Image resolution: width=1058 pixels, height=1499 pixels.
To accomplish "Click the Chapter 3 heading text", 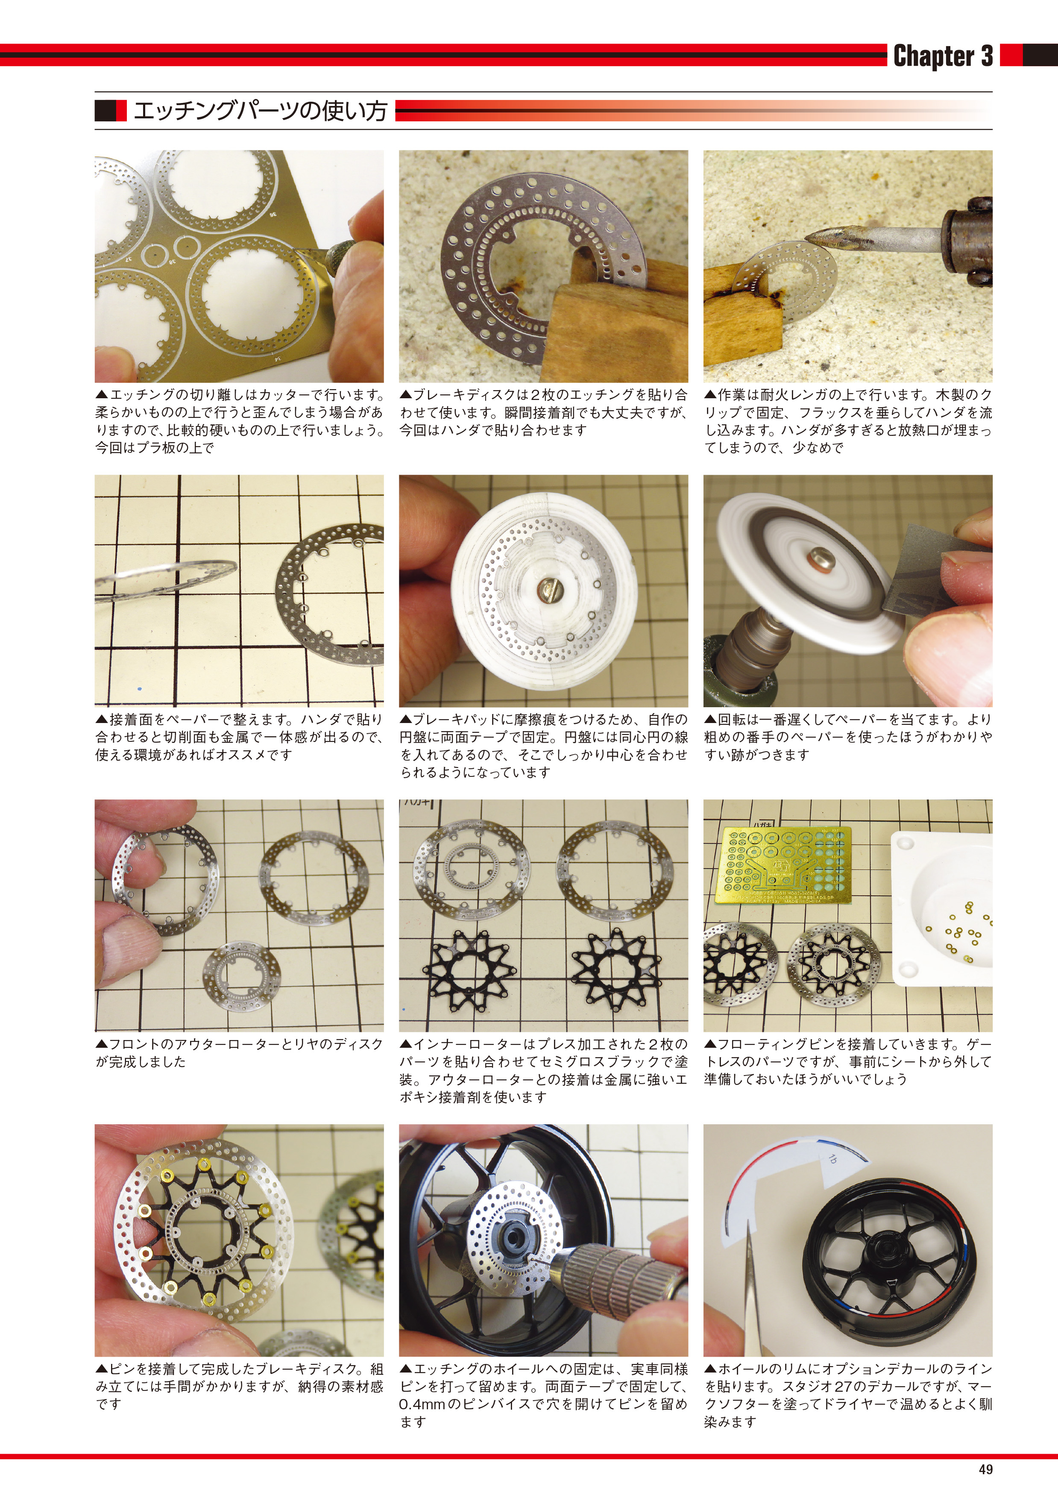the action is (943, 56).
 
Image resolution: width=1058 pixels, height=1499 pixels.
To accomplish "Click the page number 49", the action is (985, 1469).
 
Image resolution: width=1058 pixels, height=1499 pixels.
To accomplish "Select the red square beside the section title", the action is (121, 110).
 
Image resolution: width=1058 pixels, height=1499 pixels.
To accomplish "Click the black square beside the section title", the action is (105, 110).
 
